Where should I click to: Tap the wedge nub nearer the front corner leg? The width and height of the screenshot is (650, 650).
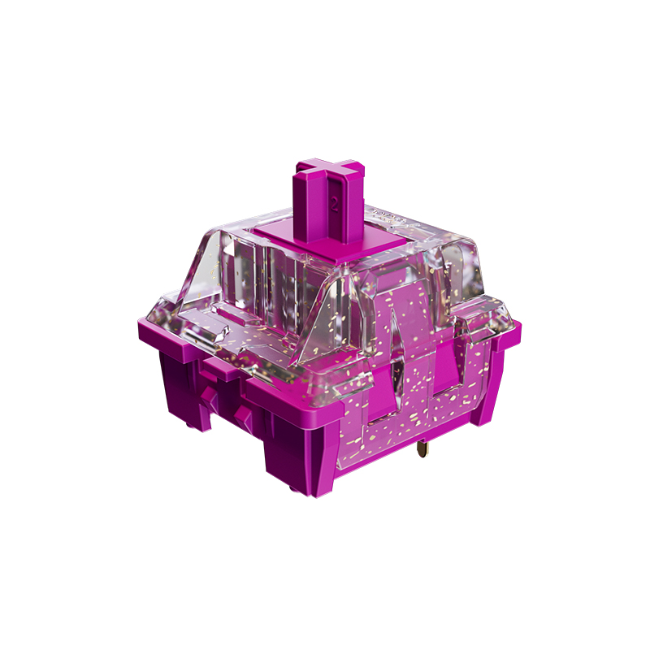(x=242, y=418)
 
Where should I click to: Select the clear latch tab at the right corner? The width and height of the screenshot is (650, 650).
(x=479, y=321)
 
